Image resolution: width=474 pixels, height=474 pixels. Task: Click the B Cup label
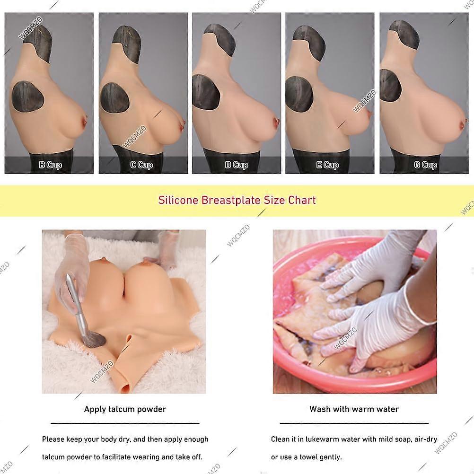click(51, 165)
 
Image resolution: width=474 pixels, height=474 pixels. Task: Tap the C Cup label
click(141, 165)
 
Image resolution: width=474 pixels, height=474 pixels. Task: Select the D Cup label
click(237, 165)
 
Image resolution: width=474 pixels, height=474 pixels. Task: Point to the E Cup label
click(327, 165)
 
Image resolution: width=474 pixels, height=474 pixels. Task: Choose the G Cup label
click(425, 165)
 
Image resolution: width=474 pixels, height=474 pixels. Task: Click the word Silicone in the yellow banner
click(178, 200)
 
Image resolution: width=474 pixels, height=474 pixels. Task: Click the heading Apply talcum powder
click(125, 409)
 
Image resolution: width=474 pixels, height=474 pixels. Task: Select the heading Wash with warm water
click(354, 409)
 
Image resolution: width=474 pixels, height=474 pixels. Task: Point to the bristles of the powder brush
click(94, 339)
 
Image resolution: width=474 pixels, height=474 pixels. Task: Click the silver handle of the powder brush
click(76, 302)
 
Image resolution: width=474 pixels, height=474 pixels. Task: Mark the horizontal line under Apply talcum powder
click(125, 423)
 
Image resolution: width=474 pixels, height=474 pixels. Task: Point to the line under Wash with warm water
click(354, 423)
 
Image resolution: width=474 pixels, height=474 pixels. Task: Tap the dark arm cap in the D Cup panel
click(206, 92)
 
